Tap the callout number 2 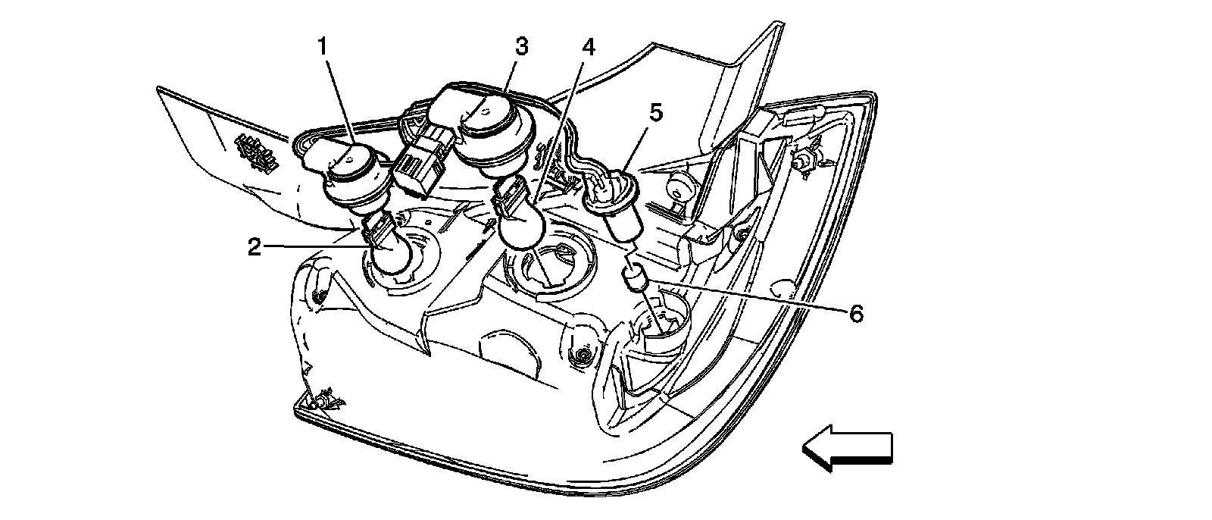255,246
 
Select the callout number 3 521,46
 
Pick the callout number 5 655,113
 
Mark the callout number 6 855,313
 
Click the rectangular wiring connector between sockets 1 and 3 419,163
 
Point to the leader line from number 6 750,299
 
